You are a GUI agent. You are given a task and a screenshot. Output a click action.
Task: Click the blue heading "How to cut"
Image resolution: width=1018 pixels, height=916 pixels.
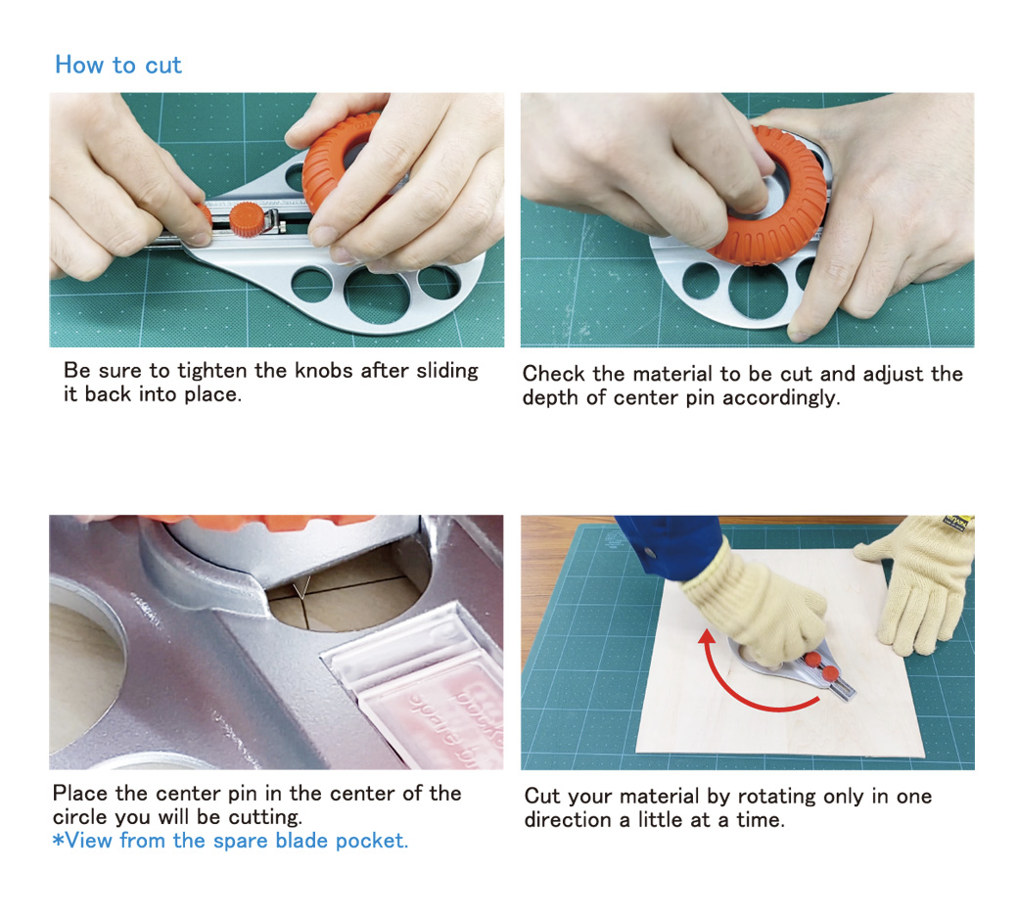tap(118, 65)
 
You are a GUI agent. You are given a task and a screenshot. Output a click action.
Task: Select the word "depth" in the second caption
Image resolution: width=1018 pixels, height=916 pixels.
tap(550, 397)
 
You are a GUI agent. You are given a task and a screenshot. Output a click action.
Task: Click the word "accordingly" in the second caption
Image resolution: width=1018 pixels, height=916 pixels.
tap(781, 397)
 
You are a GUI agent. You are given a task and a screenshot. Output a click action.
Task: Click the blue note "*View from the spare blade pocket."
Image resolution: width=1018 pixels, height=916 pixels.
tap(230, 841)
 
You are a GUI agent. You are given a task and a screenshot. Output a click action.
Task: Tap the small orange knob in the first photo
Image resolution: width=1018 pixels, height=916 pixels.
tap(248, 219)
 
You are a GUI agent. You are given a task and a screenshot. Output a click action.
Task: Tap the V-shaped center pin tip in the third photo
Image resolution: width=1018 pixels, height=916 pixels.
tap(301, 588)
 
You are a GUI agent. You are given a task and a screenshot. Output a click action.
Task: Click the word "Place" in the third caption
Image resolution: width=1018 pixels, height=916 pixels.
tap(81, 794)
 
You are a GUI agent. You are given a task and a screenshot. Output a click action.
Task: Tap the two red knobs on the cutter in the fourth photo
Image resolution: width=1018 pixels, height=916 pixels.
tap(820, 667)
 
